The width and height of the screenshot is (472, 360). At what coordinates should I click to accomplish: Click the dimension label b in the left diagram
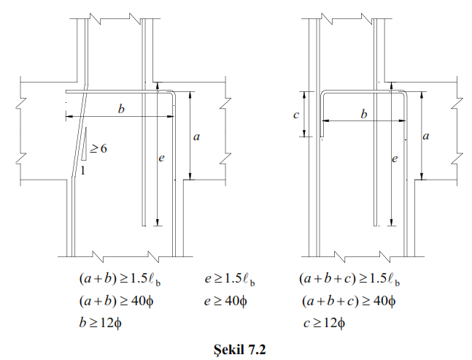[x=121, y=109]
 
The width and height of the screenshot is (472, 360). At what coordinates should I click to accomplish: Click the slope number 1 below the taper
[x=85, y=170]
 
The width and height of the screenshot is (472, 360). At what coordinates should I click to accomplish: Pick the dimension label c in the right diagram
[x=295, y=115]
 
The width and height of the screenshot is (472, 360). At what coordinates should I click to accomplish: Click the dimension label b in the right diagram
[x=363, y=114]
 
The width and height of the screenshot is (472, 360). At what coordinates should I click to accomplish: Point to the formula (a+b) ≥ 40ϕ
[x=119, y=300]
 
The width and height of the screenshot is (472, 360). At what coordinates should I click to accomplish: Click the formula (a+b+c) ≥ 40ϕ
[x=347, y=300]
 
